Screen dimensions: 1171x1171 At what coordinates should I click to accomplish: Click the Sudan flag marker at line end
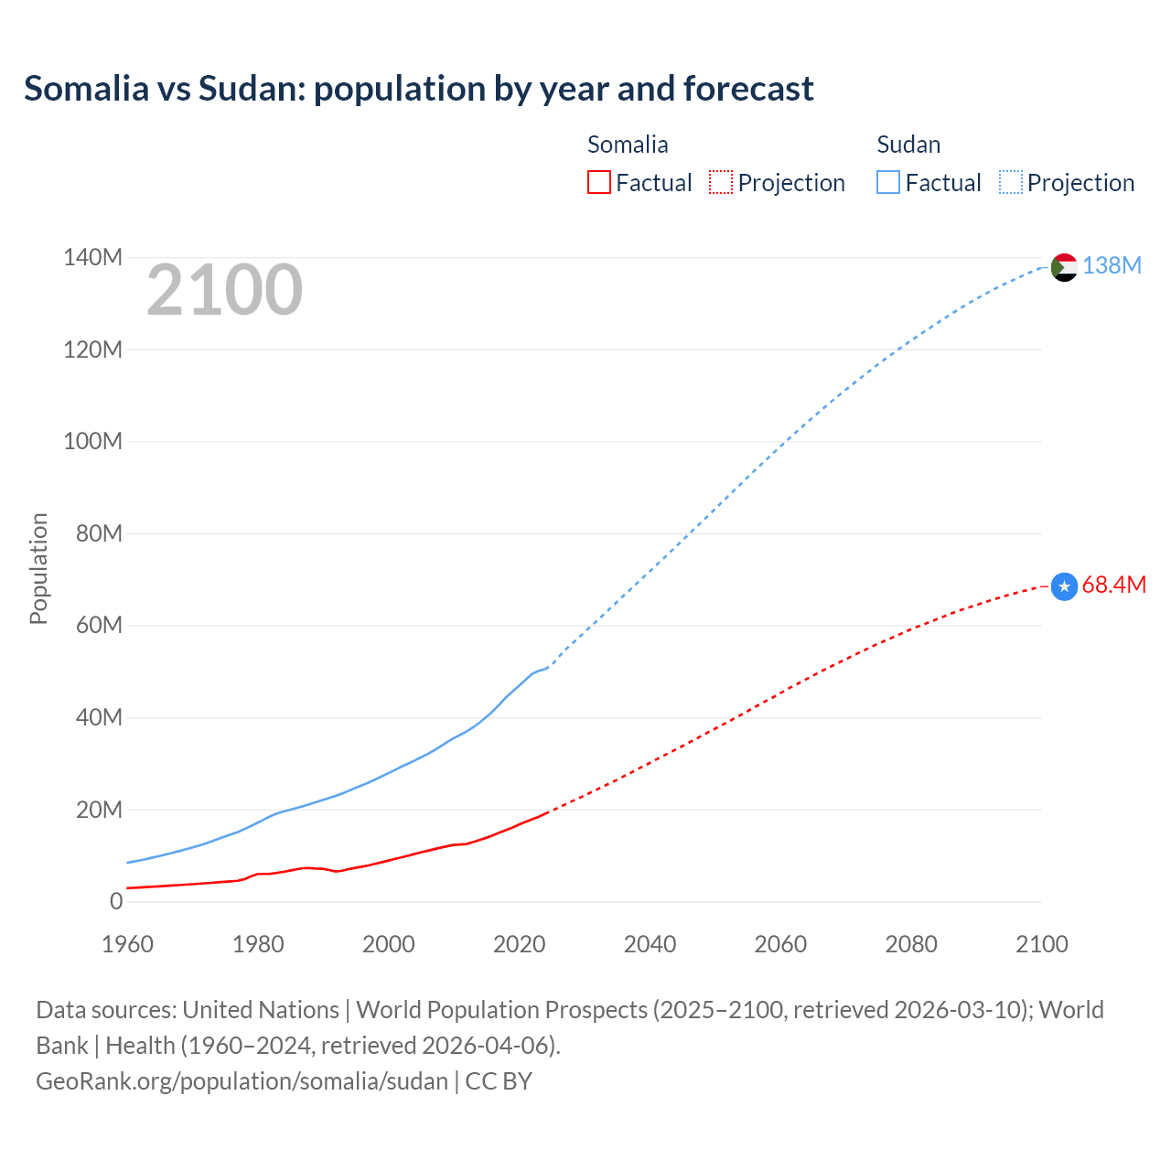(1064, 267)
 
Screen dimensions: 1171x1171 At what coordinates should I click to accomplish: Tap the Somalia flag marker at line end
(1064, 586)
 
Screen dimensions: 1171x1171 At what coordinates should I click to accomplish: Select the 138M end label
(1112, 265)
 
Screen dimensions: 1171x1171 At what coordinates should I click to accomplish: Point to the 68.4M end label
(1113, 585)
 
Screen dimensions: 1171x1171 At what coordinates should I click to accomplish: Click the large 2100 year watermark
(224, 290)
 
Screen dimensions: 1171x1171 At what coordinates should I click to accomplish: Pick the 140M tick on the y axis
(92, 258)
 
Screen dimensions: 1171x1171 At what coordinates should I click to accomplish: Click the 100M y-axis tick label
(92, 442)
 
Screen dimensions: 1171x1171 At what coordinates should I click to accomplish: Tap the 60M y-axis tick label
(99, 626)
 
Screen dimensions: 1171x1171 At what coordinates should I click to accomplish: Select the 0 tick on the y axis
(116, 902)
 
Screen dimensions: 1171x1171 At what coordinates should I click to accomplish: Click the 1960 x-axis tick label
(127, 945)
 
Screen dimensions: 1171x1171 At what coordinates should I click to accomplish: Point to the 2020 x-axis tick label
(519, 945)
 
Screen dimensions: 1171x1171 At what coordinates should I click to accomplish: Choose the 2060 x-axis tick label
(780, 945)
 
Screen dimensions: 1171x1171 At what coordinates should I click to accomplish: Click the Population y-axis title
(38, 568)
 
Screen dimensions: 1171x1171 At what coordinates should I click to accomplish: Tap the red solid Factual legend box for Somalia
(598, 183)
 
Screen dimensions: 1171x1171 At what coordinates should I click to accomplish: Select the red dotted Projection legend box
(721, 183)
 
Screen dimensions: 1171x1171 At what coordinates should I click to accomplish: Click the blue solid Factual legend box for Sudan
(887, 183)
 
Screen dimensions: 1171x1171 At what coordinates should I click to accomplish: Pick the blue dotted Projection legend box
(1010, 183)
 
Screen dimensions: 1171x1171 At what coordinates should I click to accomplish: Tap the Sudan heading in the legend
(908, 145)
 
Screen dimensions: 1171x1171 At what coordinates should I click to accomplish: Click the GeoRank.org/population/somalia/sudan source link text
(242, 1081)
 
